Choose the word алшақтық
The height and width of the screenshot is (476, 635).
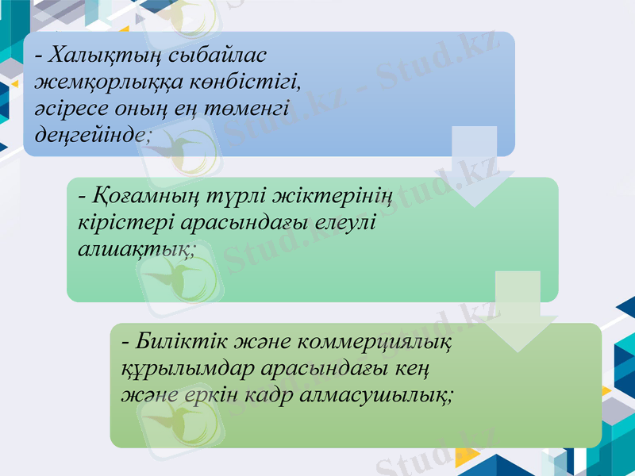(x=136, y=249)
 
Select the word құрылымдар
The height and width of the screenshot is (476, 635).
(x=183, y=370)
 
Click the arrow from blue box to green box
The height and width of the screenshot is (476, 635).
(x=475, y=167)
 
